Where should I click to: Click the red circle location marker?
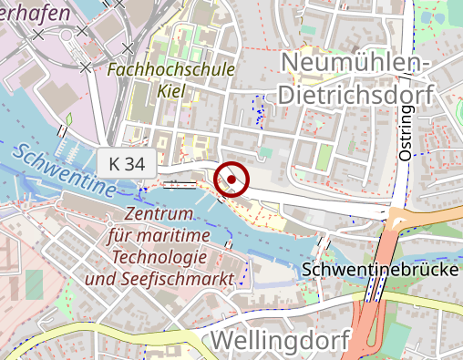(231, 180)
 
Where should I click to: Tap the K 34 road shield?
(128, 164)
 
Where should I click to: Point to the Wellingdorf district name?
(281, 341)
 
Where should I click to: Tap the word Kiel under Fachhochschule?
(171, 91)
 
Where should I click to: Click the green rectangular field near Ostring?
(324, 156)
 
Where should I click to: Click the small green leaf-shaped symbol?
(67, 119)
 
